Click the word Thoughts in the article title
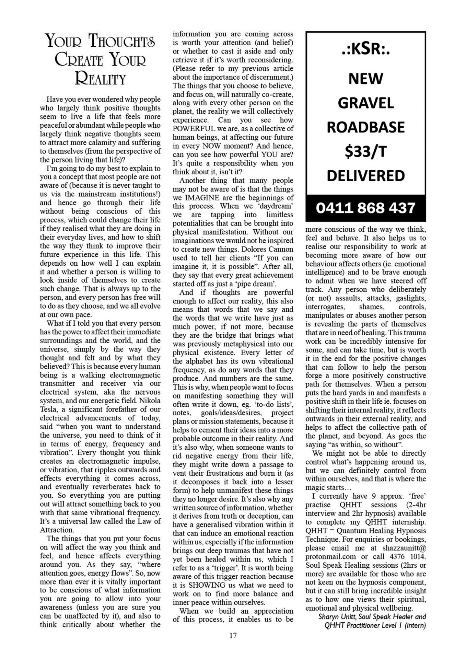tap(122, 41)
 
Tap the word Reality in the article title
tap(100, 79)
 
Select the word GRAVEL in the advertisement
tap(365, 103)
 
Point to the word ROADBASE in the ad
tap(365, 127)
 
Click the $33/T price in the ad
tap(365, 151)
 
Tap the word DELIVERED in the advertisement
tap(365, 176)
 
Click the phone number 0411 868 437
tap(365, 208)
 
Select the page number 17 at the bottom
tap(233, 635)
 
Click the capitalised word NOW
tap(212, 146)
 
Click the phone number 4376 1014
tap(408, 556)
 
